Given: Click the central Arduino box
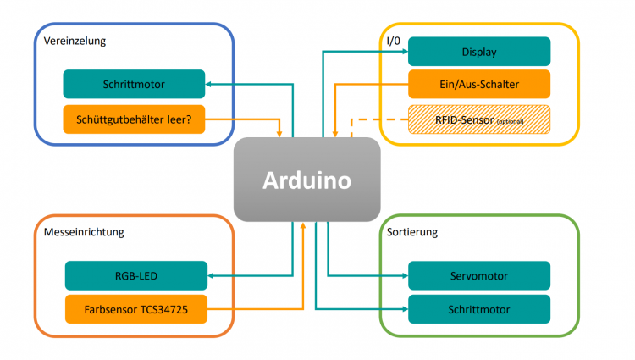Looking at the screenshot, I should tap(306, 180).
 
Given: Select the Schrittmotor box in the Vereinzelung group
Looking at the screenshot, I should tap(134, 85).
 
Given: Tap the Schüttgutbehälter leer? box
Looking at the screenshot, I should tap(134, 119).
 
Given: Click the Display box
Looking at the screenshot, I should tap(479, 52).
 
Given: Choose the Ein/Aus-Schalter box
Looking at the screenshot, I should tap(479, 84).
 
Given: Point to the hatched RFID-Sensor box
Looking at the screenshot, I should tap(479, 119).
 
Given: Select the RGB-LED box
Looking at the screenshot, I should tap(135, 275).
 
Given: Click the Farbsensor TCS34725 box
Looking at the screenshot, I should tap(135, 308).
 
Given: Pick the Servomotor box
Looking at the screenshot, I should tap(479, 275).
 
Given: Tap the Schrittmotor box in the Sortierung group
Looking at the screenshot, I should tap(479, 308).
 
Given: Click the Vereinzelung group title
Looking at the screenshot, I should tap(75, 41).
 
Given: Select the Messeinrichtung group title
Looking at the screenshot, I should tap(85, 230).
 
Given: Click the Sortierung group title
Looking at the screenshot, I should tap(413, 230).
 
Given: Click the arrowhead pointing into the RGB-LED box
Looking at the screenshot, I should tap(211, 275).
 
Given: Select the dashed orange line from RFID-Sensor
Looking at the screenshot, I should tap(381, 119).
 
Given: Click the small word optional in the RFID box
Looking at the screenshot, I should tap(511, 122).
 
